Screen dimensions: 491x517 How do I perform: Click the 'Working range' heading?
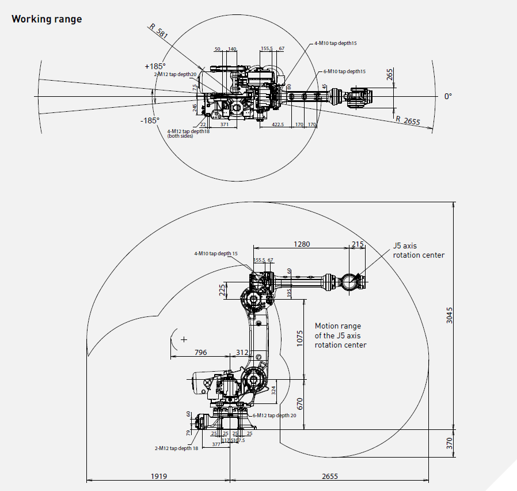point(47,19)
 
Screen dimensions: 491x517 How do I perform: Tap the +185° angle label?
point(155,66)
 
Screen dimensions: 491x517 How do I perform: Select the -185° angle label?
point(150,120)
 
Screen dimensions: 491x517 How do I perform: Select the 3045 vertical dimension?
point(450,315)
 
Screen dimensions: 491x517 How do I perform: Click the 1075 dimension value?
point(299,338)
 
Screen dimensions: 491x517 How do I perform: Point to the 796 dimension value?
point(201,352)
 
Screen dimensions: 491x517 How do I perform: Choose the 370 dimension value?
point(450,443)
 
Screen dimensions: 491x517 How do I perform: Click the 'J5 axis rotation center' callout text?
point(419,250)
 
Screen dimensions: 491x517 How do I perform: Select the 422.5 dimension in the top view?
point(277,124)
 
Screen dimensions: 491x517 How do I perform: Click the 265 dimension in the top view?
point(390,74)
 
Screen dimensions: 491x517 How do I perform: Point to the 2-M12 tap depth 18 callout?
point(176,448)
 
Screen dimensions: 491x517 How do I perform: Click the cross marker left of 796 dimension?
point(184,339)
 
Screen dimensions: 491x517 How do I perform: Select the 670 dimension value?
point(299,404)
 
